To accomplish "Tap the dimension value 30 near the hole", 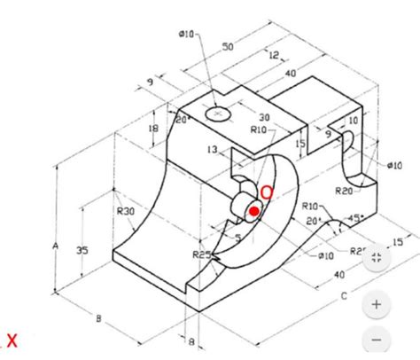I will click(264, 117).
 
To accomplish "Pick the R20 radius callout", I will click(345, 190).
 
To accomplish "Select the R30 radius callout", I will click(125, 212).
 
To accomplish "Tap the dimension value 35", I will click(82, 251).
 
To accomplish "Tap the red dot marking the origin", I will click(254, 211).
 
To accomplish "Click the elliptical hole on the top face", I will click(217, 113).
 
